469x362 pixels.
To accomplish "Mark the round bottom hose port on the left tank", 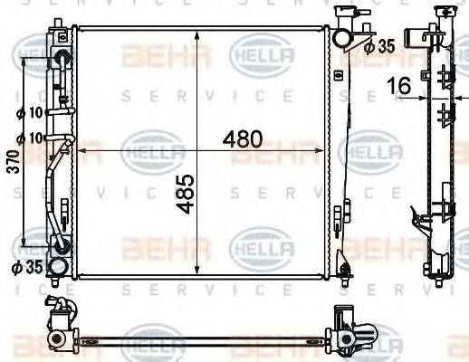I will coord(57,266).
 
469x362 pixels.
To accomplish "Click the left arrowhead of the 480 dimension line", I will coord(80,151).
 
